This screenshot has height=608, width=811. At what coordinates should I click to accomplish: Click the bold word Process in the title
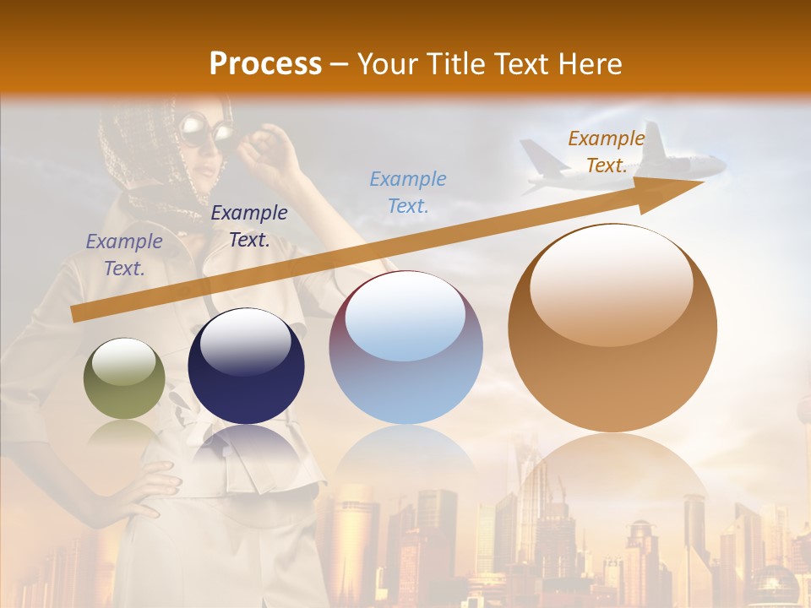coord(265,63)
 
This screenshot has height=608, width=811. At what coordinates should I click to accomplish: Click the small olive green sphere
coord(124,378)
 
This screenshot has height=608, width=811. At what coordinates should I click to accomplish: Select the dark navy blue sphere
coord(246,366)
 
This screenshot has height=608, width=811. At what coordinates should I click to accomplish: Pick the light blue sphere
coord(405,348)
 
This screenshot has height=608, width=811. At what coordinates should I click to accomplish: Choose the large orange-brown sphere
coord(612,329)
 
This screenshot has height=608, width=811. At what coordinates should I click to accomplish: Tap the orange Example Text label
coord(606,152)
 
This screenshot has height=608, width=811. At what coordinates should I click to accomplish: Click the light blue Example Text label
coord(408,192)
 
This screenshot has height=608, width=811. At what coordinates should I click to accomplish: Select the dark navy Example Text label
coord(249,226)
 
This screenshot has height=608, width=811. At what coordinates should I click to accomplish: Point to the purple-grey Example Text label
coord(124,255)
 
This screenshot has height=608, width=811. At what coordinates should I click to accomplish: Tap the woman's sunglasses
coord(205,133)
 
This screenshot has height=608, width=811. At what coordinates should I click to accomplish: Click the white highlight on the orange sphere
coord(612,283)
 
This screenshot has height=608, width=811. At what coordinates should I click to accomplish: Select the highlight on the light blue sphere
coord(405,317)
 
